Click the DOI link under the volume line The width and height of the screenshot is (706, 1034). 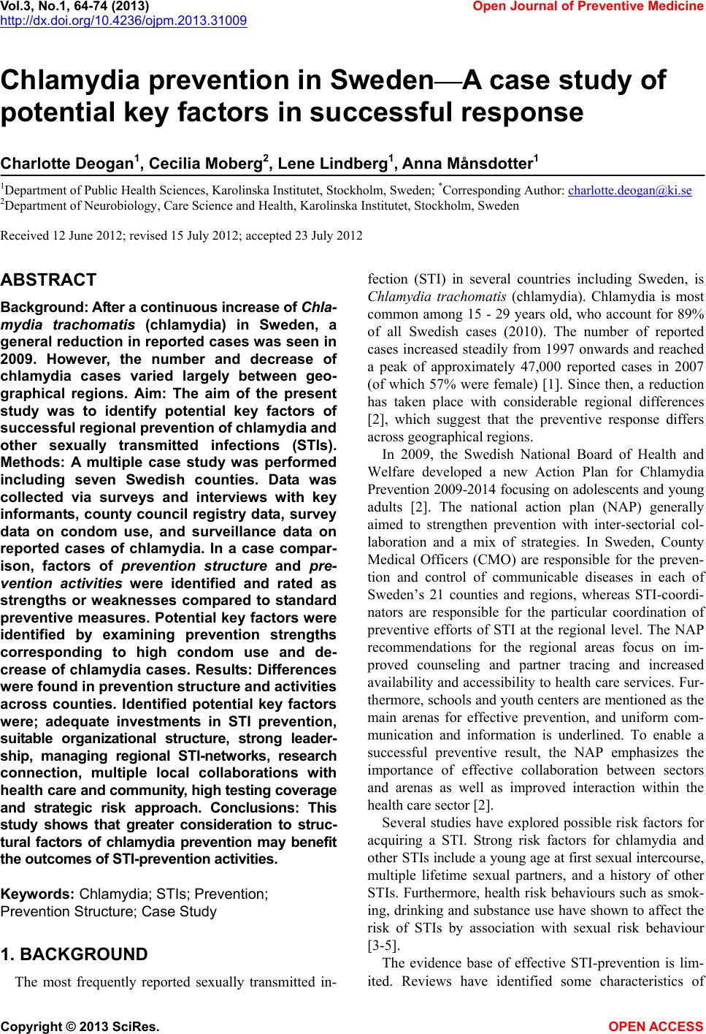click(x=123, y=20)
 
